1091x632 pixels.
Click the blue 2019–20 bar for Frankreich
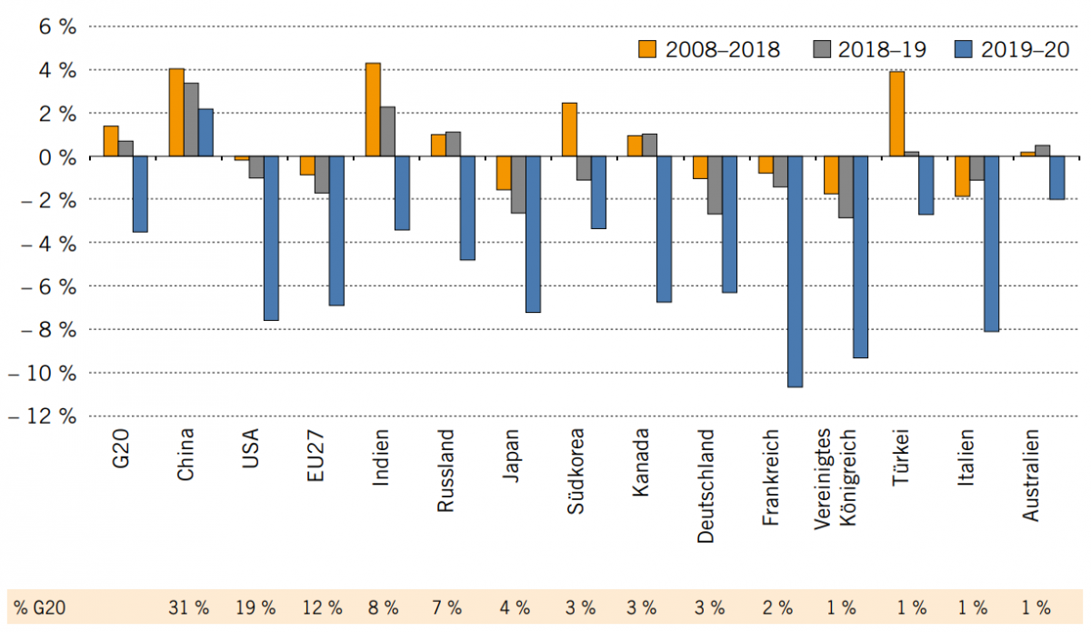pyautogui.click(x=795, y=272)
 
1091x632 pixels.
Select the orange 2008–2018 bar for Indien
pyautogui.click(x=373, y=110)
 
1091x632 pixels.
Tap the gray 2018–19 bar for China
pyautogui.click(x=191, y=120)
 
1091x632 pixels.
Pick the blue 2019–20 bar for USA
pyautogui.click(x=271, y=238)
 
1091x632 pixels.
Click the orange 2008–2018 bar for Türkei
pyautogui.click(x=896, y=114)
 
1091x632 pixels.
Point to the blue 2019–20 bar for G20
pyautogui.click(x=140, y=195)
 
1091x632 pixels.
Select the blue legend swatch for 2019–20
pyautogui.click(x=965, y=50)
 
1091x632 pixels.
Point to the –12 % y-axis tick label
pyautogui.click(x=43, y=416)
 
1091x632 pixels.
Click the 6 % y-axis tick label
pyautogui.click(x=55, y=26)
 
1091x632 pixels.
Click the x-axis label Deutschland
pyautogui.click(x=706, y=487)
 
